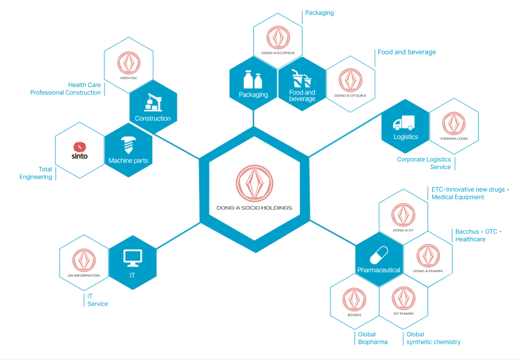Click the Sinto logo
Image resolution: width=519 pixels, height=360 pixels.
point(80,151)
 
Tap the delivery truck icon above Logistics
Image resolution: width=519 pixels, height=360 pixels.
point(404,123)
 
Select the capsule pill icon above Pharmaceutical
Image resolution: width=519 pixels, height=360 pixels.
point(379,255)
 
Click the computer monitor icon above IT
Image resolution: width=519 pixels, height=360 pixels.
point(132,258)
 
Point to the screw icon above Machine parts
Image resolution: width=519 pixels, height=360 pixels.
point(128,145)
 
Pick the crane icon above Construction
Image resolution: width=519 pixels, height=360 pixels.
point(153,103)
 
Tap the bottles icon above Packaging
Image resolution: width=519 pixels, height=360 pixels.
point(253,80)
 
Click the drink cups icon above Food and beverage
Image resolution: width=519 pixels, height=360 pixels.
point(301,78)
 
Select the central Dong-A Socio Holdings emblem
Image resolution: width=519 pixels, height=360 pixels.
point(255,184)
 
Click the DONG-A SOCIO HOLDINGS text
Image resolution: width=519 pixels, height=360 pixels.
point(254,208)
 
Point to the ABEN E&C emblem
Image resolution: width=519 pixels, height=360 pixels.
point(129,63)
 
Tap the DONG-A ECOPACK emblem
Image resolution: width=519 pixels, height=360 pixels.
point(278,38)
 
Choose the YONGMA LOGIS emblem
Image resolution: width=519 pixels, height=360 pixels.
point(454,124)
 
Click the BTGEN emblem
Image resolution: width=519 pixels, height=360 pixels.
point(354,300)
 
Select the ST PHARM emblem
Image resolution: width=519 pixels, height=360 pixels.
point(404,298)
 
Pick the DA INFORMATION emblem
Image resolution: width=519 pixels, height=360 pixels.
point(84,260)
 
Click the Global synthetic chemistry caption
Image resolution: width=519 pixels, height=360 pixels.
point(433,338)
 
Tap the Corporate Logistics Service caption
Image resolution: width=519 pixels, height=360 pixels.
point(424,163)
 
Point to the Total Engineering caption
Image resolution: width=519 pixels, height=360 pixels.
point(36,173)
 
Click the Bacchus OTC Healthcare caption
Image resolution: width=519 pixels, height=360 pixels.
point(478,236)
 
